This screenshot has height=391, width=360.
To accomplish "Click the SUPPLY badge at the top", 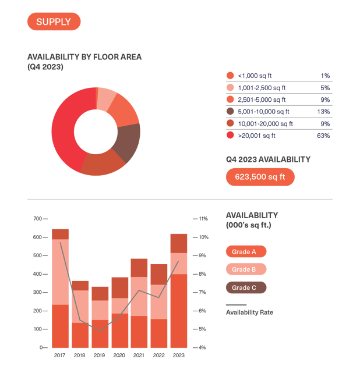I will pyautogui.click(x=54, y=22).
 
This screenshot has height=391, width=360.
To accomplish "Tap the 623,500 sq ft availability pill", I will pyautogui.click(x=260, y=176).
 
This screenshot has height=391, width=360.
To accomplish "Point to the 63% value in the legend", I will pyautogui.click(x=323, y=136).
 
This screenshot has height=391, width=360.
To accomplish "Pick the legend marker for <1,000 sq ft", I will pyautogui.click(x=230, y=76).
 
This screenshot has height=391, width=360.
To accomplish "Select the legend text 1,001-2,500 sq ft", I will pyautogui.click(x=263, y=88).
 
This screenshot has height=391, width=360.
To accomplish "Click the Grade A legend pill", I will pyautogui.click(x=245, y=252).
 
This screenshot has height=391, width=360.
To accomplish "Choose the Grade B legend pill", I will pyautogui.click(x=245, y=269).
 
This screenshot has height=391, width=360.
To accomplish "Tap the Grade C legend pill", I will pyautogui.click(x=245, y=287).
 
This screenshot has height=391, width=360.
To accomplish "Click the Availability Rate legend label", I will pyautogui.click(x=249, y=312).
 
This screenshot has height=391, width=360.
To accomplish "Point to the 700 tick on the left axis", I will pyautogui.click(x=38, y=219).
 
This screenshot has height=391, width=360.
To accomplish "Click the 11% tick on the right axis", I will pyautogui.click(x=204, y=219).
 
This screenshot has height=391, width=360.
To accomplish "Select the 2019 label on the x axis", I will pyautogui.click(x=100, y=355).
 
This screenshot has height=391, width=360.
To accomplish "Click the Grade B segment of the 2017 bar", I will pyautogui.click(x=61, y=272).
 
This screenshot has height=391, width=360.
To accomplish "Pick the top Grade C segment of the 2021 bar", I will pyautogui.click(x=139, y=268).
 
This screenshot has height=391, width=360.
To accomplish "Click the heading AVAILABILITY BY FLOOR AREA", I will pyautogui.click(x=84, y=57).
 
